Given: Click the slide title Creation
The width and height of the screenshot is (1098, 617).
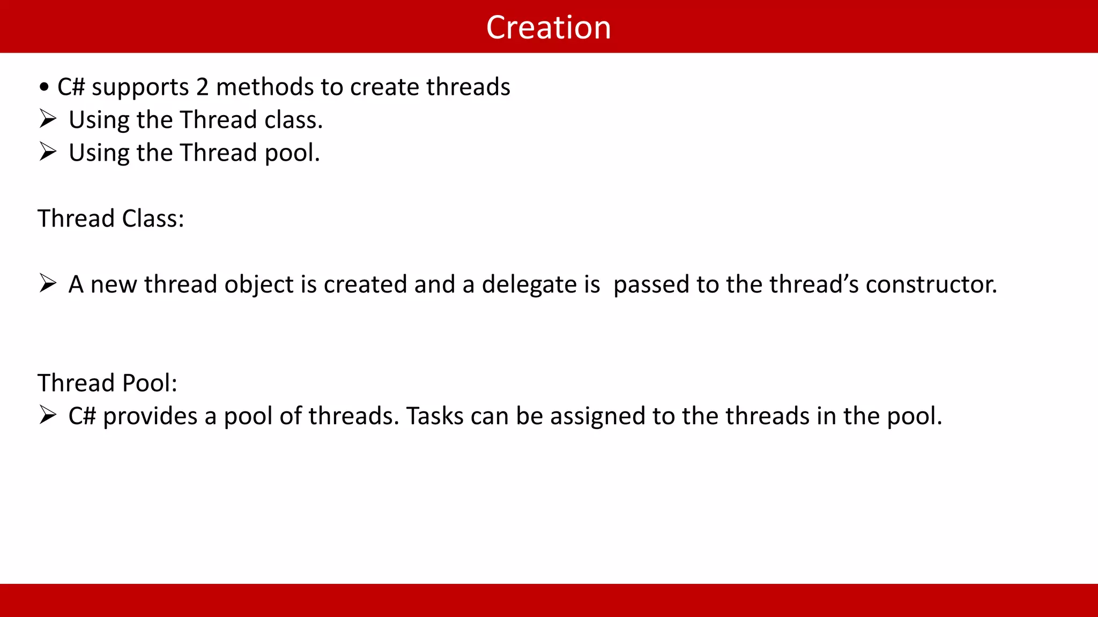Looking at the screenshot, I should click(548, 27).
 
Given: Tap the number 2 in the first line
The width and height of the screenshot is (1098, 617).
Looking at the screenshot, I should click(202, 87).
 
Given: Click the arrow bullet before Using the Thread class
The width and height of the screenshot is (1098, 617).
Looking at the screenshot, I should click(48, 119).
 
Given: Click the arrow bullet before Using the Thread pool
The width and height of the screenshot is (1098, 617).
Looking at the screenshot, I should click(48, 152).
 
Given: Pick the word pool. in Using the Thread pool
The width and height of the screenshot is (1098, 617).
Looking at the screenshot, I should click(292, 154).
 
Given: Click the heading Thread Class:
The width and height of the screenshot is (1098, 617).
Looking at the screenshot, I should click(111, 219).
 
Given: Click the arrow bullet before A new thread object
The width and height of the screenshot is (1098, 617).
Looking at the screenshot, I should click(48, 283).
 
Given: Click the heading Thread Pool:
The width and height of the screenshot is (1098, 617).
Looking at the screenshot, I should click(107, 383).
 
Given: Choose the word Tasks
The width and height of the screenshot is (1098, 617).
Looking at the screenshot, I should click(434, 416).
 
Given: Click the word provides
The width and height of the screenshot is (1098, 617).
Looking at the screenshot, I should click(150, 416).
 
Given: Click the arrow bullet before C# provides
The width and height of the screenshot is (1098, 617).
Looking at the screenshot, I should click(48, 415).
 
